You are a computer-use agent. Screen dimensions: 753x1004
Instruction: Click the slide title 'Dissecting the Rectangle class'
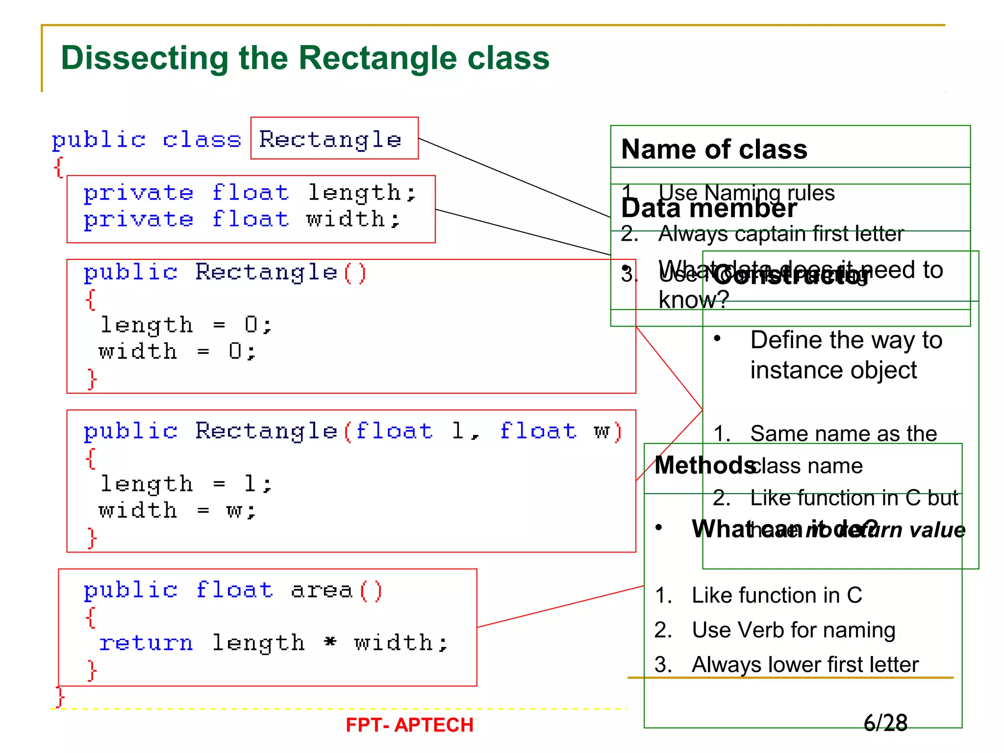tap(305, 58)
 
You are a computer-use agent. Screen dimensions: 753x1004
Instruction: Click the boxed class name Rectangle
tap(330, 139)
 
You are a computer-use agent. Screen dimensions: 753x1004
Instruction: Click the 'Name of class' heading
tap(714, 149)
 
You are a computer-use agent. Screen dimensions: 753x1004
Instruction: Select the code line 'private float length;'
tap(250, 193)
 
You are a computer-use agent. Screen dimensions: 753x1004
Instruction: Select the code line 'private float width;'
tap(242, 219)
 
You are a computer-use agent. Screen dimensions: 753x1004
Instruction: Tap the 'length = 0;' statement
tap(186, 325)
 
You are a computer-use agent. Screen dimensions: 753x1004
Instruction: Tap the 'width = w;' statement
tap(177, 510)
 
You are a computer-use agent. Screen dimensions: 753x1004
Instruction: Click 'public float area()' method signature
tap(232, 590)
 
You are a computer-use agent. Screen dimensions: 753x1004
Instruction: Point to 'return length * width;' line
tap(273, 643)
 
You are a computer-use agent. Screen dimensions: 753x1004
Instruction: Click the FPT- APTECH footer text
tap(409, 725)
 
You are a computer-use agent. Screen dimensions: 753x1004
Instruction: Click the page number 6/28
tap(885, 723)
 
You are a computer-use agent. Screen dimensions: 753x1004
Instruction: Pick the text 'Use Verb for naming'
tap(793, 630)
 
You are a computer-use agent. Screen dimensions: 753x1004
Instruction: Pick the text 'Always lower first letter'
tap(805, 665)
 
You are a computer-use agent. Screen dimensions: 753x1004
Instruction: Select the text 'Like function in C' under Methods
tap(777, 595)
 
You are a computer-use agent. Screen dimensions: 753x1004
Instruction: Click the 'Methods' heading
tap(704, 465)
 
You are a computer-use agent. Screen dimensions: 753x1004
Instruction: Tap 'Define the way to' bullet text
tap(846, 340)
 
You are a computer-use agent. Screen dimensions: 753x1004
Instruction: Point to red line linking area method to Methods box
tap(560, 606)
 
